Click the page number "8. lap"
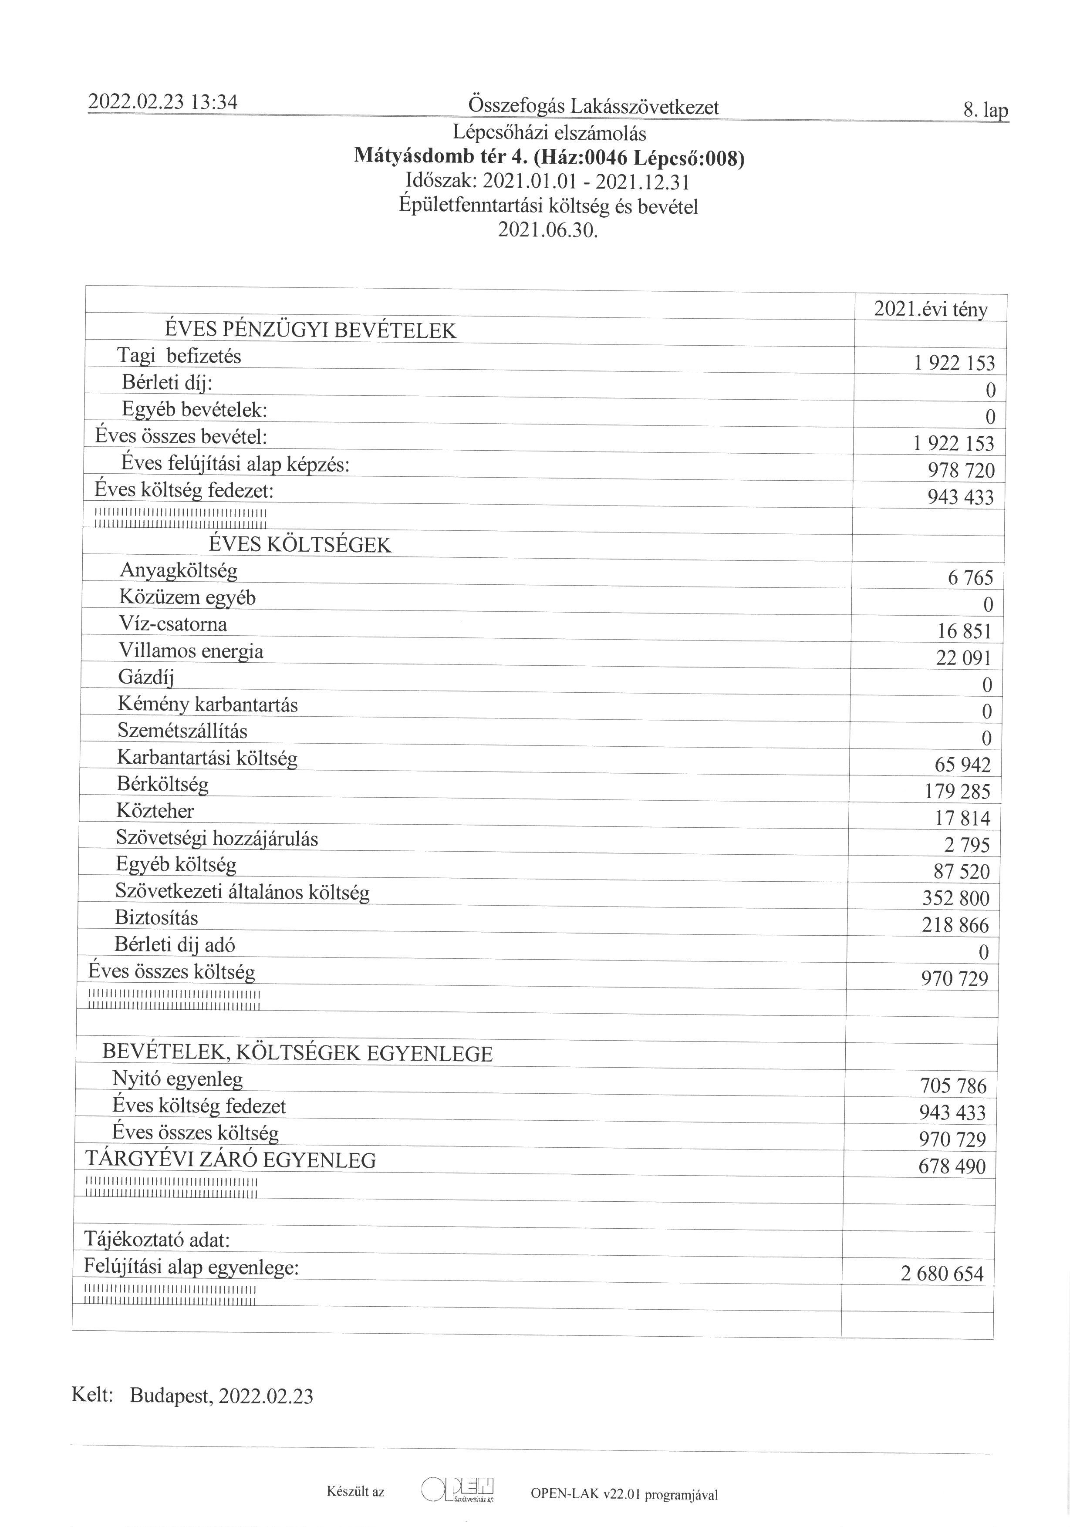(985, 111)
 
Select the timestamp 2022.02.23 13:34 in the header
(163, 102)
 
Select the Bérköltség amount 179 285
(957, 792)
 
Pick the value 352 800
(955, 899)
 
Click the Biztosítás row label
(156, 918)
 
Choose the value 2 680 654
(942, 1274)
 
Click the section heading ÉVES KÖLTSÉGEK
(300, 545)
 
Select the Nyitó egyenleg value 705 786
(953, 1086)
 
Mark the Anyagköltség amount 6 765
(970, 578)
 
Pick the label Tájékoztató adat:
(156, 1240)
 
